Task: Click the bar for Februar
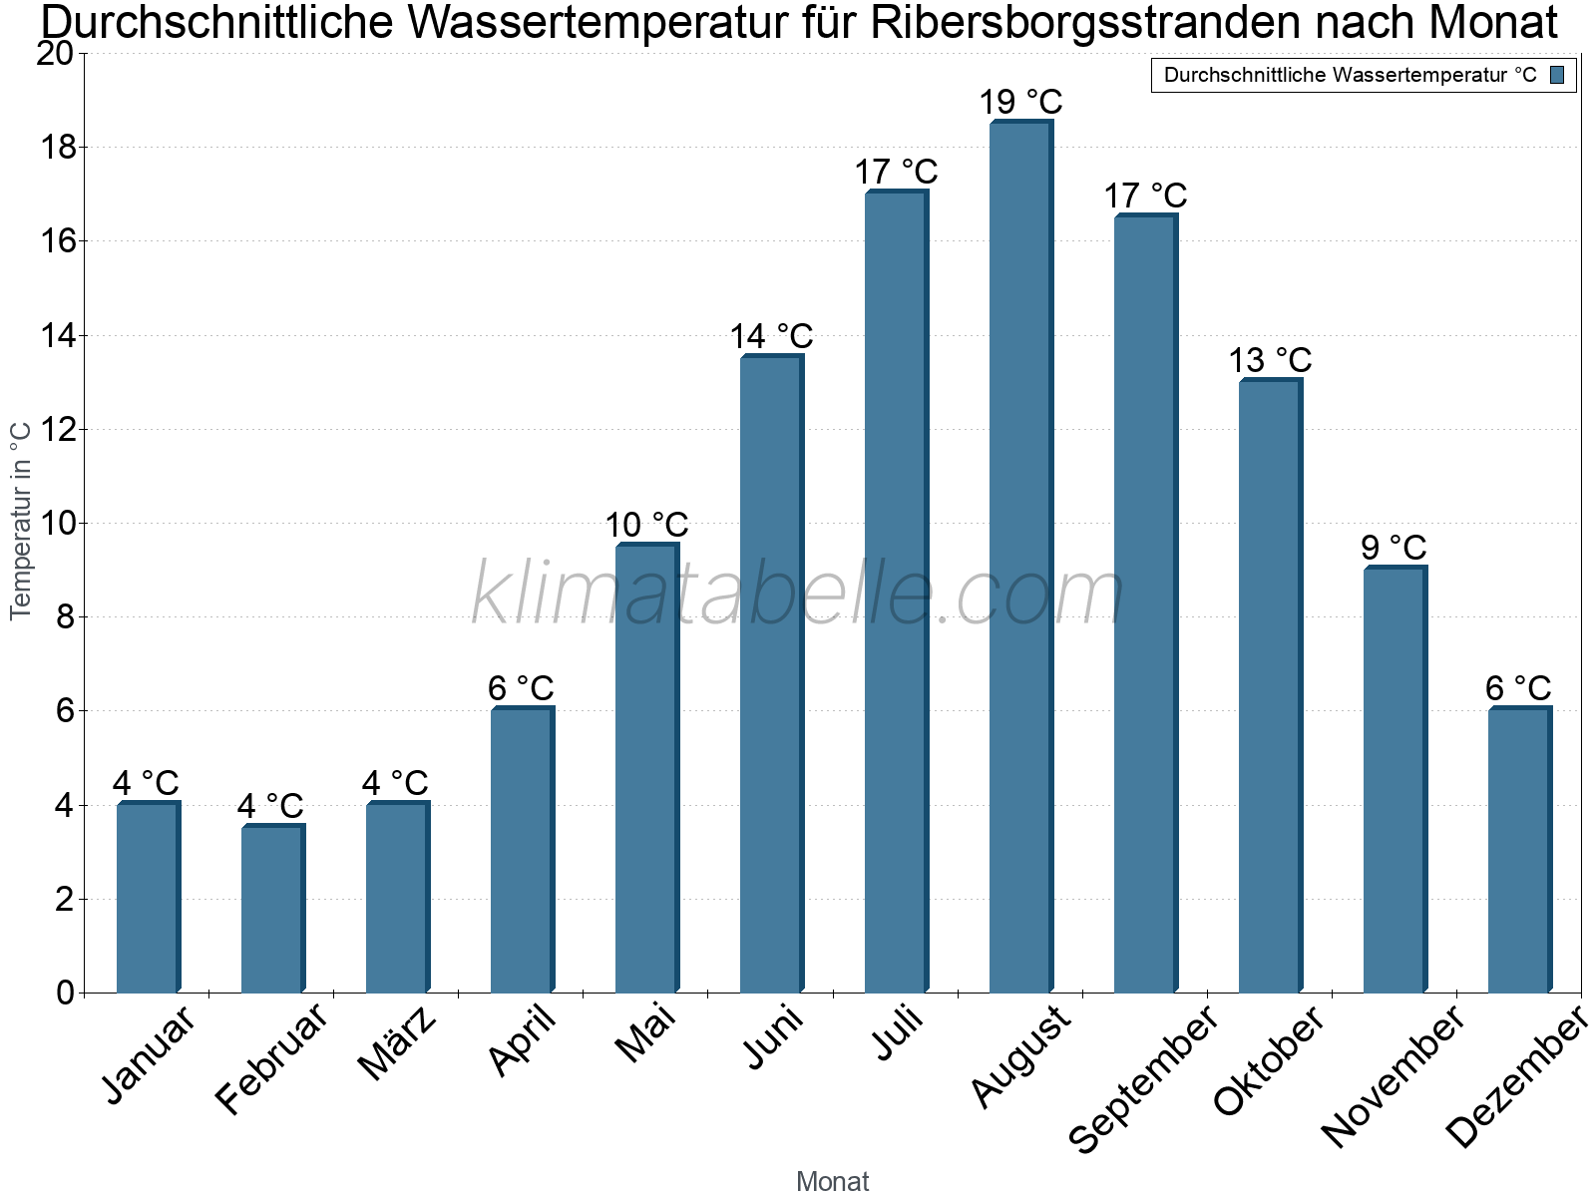coord(271,909)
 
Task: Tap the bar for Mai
coord(645,768)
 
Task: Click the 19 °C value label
coord(1020,102)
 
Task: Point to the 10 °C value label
coord(646,525)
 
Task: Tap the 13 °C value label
coord(1270,360)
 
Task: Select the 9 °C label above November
coord(1394,548)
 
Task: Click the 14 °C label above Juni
coord(771,336)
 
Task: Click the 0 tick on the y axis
coord(66,993)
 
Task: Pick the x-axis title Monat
coord(833,1181)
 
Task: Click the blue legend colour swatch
coord(1558,75)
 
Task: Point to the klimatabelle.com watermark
coord(798,595)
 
